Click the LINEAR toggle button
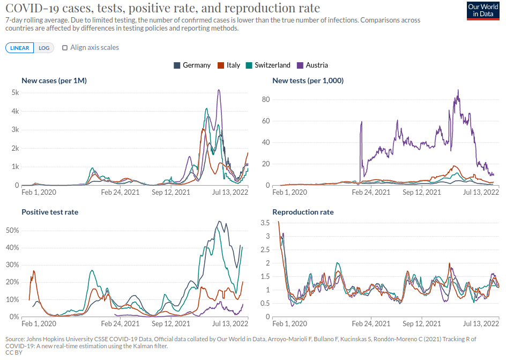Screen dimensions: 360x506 [20, 48]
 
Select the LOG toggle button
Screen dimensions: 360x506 [44, 48]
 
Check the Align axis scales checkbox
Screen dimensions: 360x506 [65, 48]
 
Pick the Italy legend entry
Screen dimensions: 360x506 [229, 65]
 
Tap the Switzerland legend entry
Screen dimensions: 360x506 [268, 65]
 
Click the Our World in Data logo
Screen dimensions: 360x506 [480, 10]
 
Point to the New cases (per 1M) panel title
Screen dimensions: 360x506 [54, 80]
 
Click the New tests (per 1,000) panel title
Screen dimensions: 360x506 [308, 80]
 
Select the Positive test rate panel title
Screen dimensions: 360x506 [50, 212]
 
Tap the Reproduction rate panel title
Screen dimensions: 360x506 [303, 212]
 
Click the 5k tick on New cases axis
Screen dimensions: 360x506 [16, 92]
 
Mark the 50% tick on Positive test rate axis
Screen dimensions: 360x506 [13, 230]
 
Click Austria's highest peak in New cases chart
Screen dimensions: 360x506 [219, 90]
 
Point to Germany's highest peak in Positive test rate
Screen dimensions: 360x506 [219, 222]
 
